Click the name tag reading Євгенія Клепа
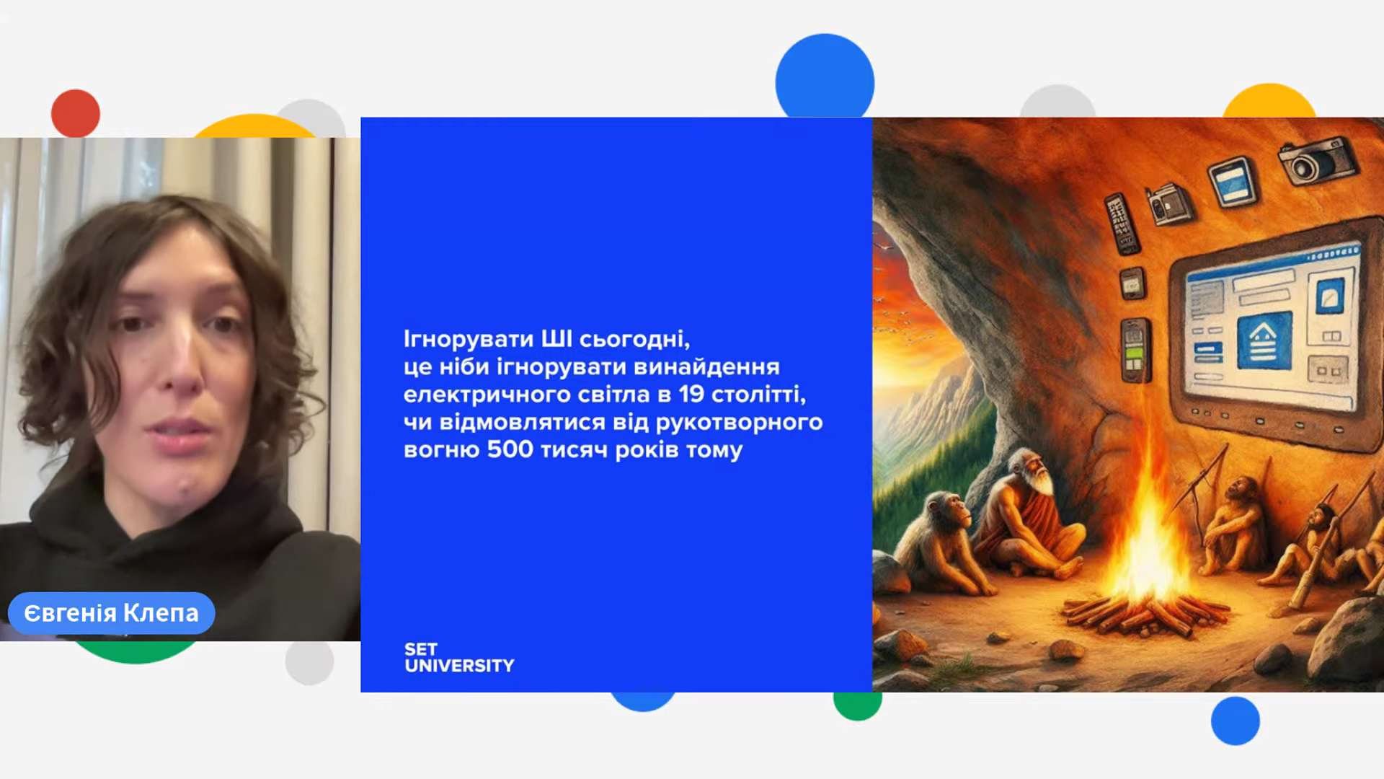coord(111,613)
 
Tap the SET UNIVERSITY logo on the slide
coord(459,658)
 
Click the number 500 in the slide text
coord(510,449)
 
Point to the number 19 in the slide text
coord(691,394)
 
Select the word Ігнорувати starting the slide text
coord(469,339)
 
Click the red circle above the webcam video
coord(76,113)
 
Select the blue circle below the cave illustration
coord(1236,721)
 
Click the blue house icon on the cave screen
coord(1264,342)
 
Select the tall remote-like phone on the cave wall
coord(1122,224)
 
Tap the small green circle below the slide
coord(857,703)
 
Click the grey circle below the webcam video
coord(309,661)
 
